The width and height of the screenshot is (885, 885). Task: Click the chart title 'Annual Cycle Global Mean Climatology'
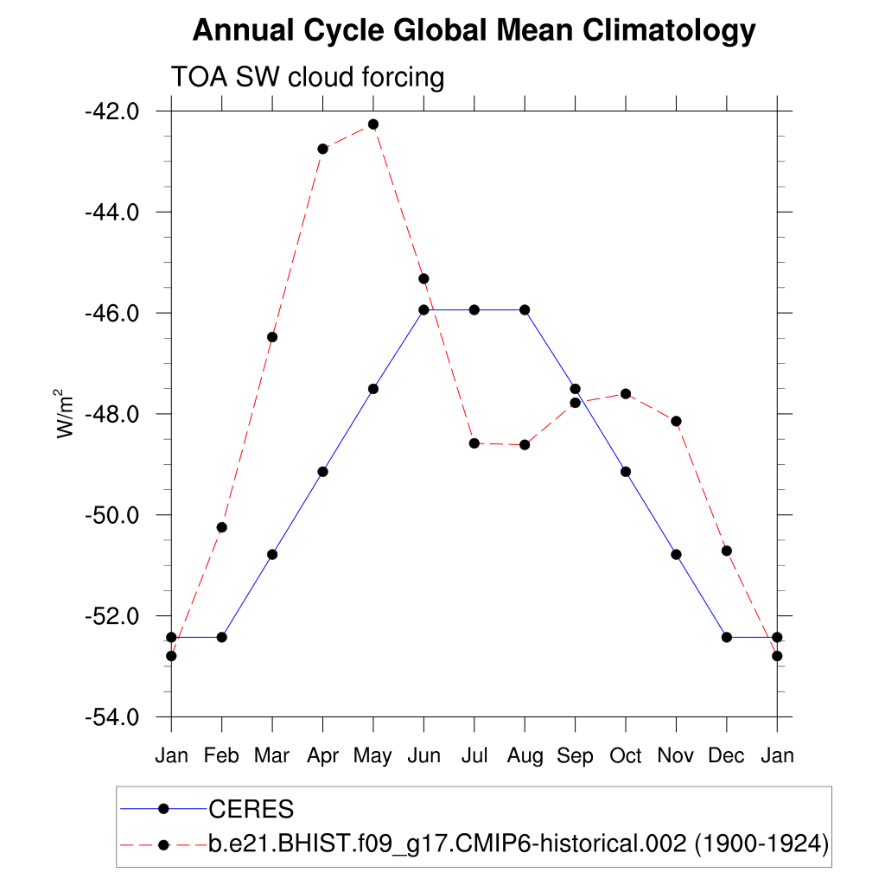point(474,31)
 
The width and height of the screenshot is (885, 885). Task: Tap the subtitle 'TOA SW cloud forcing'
point(308,78)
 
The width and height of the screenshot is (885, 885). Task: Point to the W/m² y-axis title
point(66,413)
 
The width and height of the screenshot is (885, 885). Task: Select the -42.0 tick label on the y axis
point(111,111)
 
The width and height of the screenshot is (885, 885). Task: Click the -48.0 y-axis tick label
point(111,414)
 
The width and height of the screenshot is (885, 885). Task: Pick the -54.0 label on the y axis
point(111,717)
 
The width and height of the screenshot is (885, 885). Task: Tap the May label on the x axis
point(372,756)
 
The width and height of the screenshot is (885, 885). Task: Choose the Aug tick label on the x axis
point(525,756)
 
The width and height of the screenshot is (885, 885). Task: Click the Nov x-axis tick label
point(676,756)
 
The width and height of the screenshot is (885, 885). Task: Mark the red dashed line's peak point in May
point(373,124)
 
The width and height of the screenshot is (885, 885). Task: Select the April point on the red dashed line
point(322,149)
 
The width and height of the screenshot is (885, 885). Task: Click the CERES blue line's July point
point(474,309)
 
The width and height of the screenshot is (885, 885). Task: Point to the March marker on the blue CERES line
point(272,554)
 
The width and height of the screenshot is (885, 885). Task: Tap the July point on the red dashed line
point(474,443)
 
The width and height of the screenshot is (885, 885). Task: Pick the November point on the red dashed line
point(676,421)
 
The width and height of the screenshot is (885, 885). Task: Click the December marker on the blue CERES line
point(726,637)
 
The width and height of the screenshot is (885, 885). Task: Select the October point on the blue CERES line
point(626,471)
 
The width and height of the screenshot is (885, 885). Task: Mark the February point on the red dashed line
point(222,527)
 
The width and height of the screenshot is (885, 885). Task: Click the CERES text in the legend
point(251,810)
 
